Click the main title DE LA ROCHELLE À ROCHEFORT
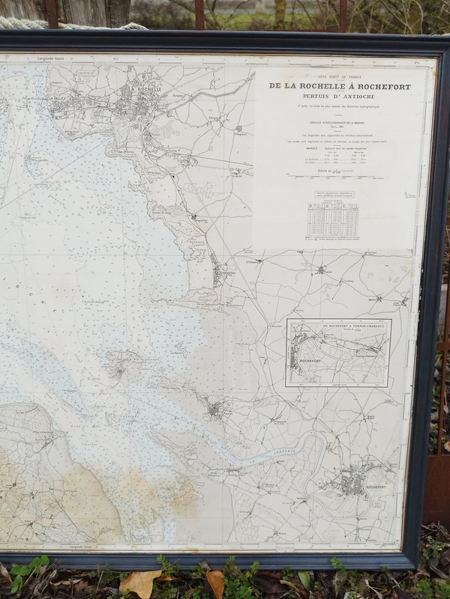click(340, 86)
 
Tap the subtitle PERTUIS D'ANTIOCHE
click(340, 97)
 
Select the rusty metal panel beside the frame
click(438, 487)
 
